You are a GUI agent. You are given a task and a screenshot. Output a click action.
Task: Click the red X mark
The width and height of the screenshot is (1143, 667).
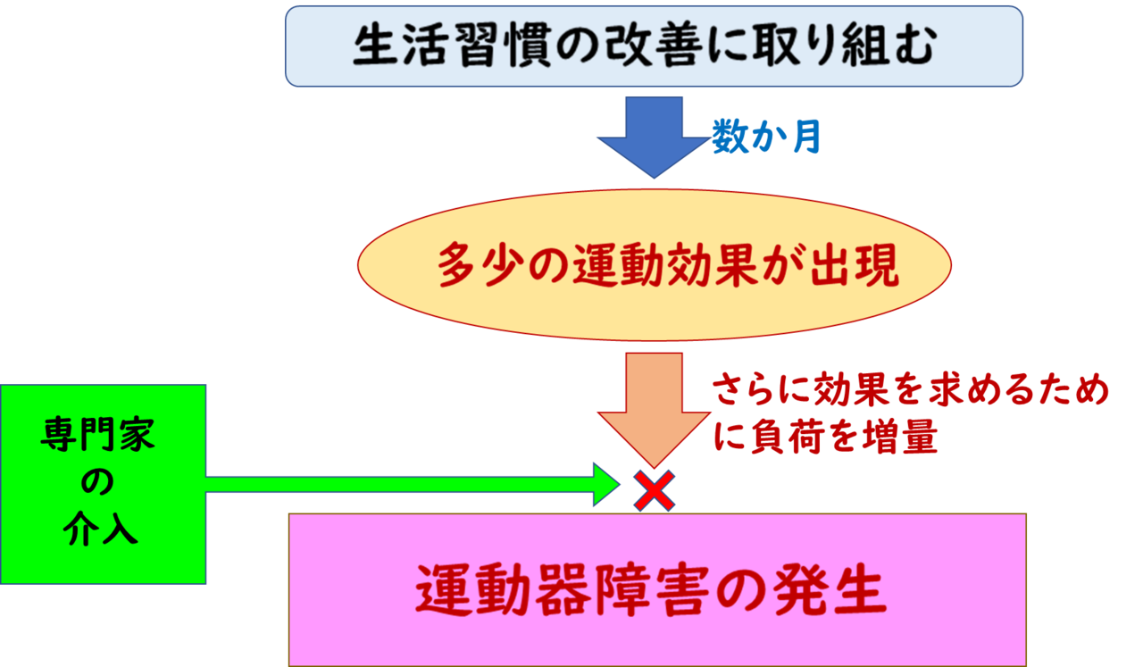point(654,491)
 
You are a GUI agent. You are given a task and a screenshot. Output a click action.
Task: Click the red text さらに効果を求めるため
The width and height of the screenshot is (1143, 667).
point(911,393)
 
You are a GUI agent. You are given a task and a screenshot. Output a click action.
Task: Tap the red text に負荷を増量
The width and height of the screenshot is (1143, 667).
point(825,439)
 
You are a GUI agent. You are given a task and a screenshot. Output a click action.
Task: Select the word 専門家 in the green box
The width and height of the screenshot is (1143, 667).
point(97,438)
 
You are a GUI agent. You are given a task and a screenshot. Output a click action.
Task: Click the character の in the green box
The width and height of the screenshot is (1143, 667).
point(97,483)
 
